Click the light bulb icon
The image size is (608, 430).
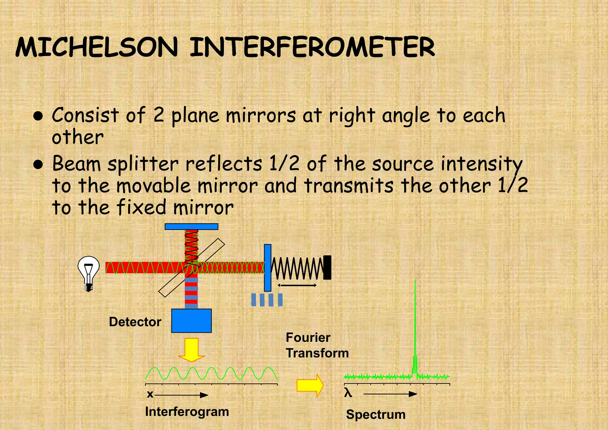pyautogui.click(x=88, y=273)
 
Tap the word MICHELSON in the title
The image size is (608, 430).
pyautogui.click(x=96, y=48)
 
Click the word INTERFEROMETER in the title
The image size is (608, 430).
pyautogui.click(x=312, y=48)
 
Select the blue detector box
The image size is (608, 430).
pyautogui.click(x=191, y=321)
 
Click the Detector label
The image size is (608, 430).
pyautogui.click(x=135, y=322)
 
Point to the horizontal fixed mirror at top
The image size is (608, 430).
pyautogui.click(x=191, y=227)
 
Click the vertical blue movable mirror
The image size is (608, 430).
pyautogui.click(x=267, y=267)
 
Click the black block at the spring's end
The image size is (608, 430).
pyautogui.click(x=327, y=267)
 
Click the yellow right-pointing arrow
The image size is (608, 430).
pyautogui.click(x=310, y=385)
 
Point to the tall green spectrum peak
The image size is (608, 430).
pyautogui.click(x=415, y=327)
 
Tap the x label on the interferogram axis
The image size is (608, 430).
pyautogui.click(x=150, y=394)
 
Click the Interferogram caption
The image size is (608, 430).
pyautogui.click(x=187, y=412)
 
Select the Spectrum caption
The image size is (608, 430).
pyautogui.click(x=376, y=415)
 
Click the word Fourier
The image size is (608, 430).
pyautogui.click(x=308, y=338)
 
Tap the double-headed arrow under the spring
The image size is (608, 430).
pyautogui.click(x=297, y=285)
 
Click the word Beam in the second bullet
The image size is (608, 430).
pyautogui.click(x=77, y=164)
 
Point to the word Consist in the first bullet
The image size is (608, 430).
pyautogui.click(x=85, y=115)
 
